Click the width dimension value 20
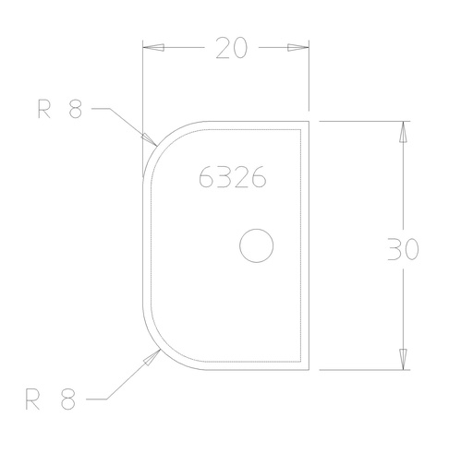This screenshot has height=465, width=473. click(232, 48)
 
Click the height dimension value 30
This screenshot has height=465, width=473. click(403, 249)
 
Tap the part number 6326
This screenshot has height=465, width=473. click(233, 176)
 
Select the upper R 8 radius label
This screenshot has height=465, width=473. click(60, 108)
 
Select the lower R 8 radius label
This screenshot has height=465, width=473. click(50, 399)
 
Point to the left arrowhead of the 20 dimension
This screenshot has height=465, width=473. click(153, 48)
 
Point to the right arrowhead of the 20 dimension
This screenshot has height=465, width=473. click(298, 48)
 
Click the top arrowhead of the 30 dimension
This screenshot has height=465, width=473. click(403, 132)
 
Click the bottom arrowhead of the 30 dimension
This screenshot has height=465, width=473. click(403, 359)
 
